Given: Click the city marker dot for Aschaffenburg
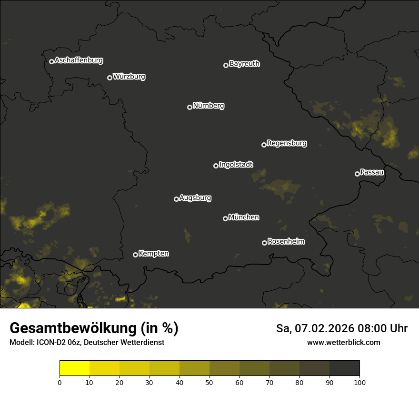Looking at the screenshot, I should coord(51,61).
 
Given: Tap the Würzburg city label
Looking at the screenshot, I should coord(129,76).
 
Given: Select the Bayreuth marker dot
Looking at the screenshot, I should coord(226,65).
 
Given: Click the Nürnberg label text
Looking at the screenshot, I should coord(208,106).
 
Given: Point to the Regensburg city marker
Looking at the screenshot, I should coord(264,145).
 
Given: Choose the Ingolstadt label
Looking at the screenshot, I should coord(236,165).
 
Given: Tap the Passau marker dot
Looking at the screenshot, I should coord(357,174).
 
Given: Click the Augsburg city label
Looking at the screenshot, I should coord(195,197).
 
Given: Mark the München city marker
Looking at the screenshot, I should coord(225,219).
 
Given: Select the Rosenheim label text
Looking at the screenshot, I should coord(286,241).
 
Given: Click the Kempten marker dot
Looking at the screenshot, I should coord(135,255).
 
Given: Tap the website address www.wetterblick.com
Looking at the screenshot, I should coord(343,342).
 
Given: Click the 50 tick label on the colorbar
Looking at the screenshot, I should coord(209,382).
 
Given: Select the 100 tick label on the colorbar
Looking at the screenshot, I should coord(359,382).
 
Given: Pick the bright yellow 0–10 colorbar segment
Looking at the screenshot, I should coord(75,368).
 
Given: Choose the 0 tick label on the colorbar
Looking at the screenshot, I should coord(60,382).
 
